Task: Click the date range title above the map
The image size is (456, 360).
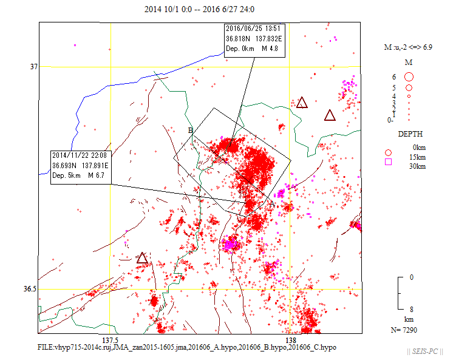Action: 200,9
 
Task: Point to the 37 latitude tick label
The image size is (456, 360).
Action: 33,67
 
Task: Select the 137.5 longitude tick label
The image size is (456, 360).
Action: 111,340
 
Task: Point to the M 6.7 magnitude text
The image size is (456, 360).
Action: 95,175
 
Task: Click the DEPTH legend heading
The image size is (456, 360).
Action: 410,134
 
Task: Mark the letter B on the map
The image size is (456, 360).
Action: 190,130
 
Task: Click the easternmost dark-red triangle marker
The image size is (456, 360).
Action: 330,115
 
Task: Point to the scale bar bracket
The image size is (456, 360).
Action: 400,293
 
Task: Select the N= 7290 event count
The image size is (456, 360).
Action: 404,330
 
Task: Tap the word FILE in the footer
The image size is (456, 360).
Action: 46,347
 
